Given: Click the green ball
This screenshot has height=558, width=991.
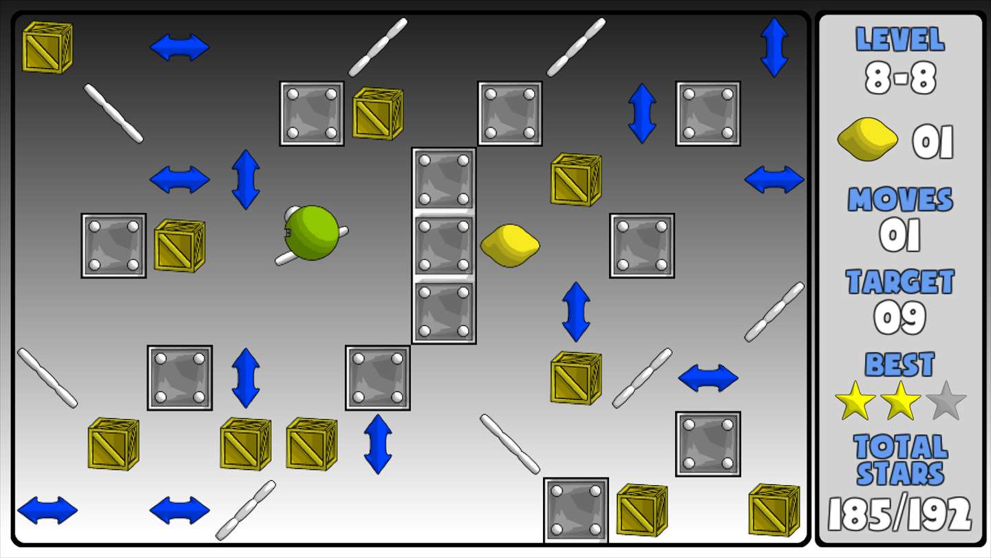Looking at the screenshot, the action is [x=312, y=233].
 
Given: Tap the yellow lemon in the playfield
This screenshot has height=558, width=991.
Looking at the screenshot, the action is [x=510, y=245].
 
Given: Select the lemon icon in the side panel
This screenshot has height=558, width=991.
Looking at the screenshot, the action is [x=868, y=139].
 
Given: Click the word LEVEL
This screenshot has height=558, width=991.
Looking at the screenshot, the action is [x=900, y=39].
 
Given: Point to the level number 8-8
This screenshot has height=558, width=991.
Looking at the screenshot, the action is [x=900, y=78].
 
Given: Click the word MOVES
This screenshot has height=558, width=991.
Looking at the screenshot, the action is [x=900, y=199].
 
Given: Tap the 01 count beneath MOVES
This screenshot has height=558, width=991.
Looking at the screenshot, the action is [x=900, y=235].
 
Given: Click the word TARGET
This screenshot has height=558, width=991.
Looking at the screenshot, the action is [x=900, y=282].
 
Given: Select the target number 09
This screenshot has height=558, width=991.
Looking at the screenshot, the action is [x=900, y=318].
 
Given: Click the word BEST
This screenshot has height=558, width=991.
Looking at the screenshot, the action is [x=900, y=364].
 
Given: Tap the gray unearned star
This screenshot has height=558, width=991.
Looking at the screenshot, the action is [x=946, y=401].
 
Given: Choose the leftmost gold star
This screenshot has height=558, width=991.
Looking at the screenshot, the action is [x=855, y=401].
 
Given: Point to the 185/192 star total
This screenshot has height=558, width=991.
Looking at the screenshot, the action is [x=900, y=514].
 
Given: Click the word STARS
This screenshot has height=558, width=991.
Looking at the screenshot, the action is [x=900, y=474].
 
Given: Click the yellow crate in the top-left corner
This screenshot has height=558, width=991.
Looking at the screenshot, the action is [x=47, y=48].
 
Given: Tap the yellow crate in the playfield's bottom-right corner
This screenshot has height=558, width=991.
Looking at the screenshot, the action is [x=774, y=510].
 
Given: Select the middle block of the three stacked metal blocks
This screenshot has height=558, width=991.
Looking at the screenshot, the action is [x=444, y=246].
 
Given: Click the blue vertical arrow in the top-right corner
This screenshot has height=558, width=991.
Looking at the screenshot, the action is [x=774, y=48].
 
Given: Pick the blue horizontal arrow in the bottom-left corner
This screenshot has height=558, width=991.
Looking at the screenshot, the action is [x=47, y=510].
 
